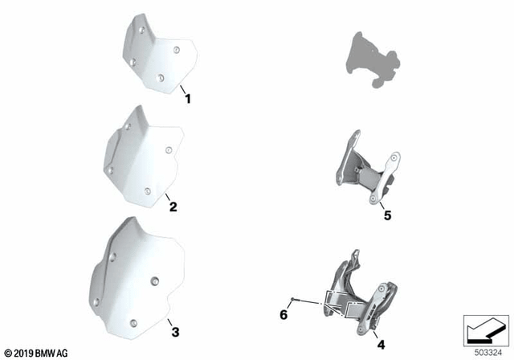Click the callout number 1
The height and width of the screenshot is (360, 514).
point(188,99)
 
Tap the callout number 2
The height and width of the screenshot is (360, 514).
point(173,207)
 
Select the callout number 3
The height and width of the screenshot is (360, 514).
point(175,332)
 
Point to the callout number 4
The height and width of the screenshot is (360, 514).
point(381,345)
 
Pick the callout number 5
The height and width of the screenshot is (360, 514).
point(387,215)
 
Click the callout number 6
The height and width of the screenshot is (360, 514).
point(284,315)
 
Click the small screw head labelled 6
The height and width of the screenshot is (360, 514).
point(292,299)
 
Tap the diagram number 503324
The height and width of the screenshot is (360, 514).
point(488,353)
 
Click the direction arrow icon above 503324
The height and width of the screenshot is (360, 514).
point(486,331)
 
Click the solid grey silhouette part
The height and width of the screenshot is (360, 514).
point(373,59)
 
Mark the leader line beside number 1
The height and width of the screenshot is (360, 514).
point(182,89)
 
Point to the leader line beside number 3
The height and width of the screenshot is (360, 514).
point(169,322)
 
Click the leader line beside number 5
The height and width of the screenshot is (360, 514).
point(382,206)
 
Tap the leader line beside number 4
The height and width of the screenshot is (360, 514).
point(374,334)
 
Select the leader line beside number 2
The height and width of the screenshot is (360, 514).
point(168,198)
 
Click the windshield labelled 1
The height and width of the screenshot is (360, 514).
point(160,54)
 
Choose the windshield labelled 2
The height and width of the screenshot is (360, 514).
point(143,157)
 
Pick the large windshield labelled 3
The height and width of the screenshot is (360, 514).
point(137,278)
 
